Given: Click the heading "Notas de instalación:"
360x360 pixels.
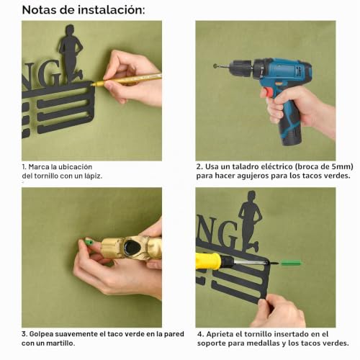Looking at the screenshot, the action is (84, 10).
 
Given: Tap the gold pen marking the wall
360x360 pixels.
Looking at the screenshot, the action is (126, 80).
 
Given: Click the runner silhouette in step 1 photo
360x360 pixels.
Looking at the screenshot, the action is (71, 53).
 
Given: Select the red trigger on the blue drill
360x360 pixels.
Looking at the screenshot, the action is (268, 93).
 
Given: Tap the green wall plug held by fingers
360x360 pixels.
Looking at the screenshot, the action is (89, 241).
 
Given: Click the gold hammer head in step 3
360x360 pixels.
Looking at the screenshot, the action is (132, 248).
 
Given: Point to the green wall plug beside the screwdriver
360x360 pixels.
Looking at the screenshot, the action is (291, 264).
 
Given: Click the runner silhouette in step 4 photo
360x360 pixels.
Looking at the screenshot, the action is (250, 221).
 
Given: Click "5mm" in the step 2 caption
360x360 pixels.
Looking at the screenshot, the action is (343, 166).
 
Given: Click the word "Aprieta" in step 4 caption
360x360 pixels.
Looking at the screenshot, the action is (220, 334).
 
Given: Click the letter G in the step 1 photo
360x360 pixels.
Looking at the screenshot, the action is (49, 73).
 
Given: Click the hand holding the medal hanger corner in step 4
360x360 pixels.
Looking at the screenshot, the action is (279, 311).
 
